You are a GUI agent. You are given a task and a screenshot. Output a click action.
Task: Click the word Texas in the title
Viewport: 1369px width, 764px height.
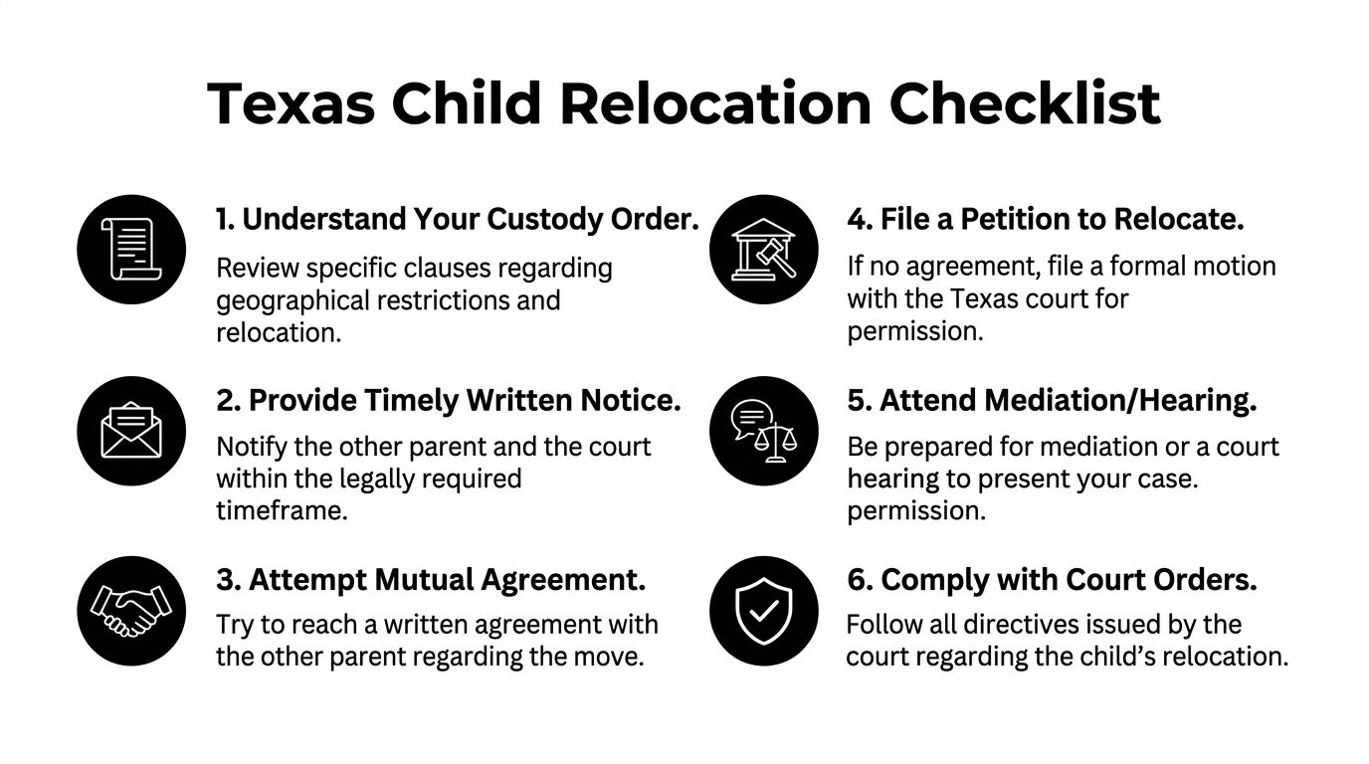[291, 103]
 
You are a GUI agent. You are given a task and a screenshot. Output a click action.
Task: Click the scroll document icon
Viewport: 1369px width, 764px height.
[131, 250]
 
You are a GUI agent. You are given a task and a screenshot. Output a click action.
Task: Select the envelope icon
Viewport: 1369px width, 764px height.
[131, 431]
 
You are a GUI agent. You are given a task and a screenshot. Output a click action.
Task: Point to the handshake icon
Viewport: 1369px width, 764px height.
[131, 611]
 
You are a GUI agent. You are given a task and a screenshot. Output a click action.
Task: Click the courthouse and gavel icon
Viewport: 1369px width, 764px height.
[764, 250]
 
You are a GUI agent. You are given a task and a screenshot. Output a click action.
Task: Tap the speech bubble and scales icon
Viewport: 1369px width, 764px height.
[764, 431]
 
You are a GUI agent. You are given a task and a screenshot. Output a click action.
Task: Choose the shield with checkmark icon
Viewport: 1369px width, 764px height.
[764, 611]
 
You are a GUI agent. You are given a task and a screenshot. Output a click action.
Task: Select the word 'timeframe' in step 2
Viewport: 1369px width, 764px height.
[282, 510]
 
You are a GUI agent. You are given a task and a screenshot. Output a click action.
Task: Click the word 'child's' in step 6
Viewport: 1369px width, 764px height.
[1118, 657]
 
